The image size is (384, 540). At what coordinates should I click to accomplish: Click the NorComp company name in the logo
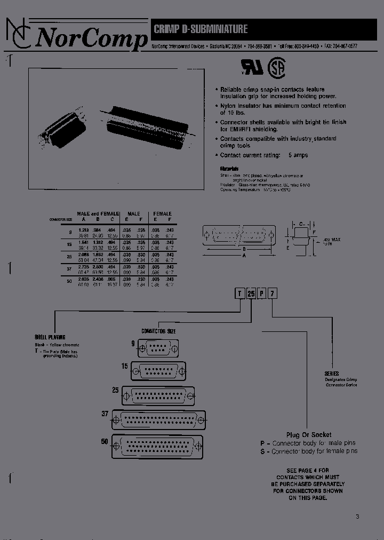pyautogui.click(x=91, y=38)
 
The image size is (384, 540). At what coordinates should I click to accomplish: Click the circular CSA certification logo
pyautogui.click(x=276, y=66)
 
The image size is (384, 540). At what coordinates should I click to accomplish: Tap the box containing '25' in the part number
pyautogui.click(x=251, y=293)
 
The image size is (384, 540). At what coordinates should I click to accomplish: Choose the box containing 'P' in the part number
pyautogui.click(x=262, y=293)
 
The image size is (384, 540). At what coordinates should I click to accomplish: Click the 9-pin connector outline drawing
pyautogui.click(x=157, y=350)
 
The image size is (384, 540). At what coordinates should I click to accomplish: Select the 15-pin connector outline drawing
pyautogui.click(x=158, y=371)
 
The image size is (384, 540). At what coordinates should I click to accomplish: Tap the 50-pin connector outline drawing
pyautogui.click(x=157, y=446)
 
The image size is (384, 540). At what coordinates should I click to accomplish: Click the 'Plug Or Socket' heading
pyautogui.click(x=308, y=435)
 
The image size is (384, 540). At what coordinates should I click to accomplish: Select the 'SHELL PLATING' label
pyautogui.click(x=50, y=337)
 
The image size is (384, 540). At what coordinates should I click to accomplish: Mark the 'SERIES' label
pyautogui.click(x=331, y=374)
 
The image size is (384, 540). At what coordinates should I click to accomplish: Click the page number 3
pyautogui.click(x=357, y=516)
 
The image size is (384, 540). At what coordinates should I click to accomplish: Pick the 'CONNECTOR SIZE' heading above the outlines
pyautogui.click(x=158, y=331)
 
